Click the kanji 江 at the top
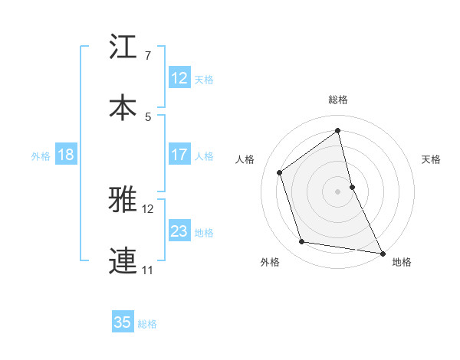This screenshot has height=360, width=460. tap(123, 47)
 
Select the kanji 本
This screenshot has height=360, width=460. tap(123, 106)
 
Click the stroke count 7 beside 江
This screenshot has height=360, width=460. tap(148, 56)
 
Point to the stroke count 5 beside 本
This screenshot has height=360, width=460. tap(148, 116)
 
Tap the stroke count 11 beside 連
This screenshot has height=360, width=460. tap(148, 270)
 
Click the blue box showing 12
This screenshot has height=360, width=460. tap(179, 78)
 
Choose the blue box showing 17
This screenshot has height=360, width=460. tap(179, 155)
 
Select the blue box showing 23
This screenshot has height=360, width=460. tap(179, 231)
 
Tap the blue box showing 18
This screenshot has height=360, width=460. tap(66, 155)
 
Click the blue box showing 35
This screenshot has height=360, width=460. tap(123, 322)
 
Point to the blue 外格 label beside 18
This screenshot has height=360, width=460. tap(41, 156)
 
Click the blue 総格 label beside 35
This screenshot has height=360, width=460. tap(147, 324)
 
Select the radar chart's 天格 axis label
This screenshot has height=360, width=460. tap(432, 159)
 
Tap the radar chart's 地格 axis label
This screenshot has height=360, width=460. tap(402, 262)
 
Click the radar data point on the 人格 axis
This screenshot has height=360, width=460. tap(280, 172)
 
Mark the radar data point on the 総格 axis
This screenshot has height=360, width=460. tap(338, 130)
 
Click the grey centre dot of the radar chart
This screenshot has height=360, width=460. tap(338, 191)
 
